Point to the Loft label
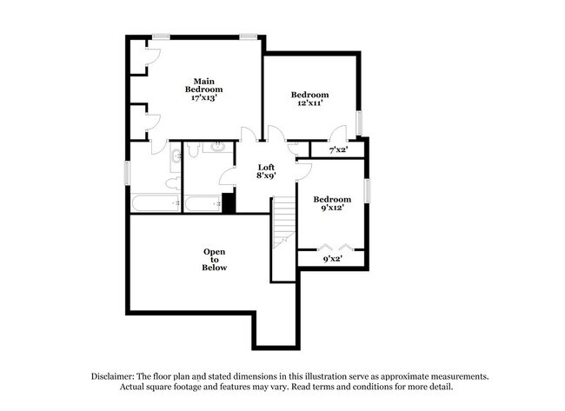click(267, 167)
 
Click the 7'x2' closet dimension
click(337, 150)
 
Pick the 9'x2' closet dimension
click(332, 258)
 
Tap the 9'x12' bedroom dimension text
click(332, 209)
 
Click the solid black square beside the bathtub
click(229, 202)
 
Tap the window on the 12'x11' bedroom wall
click(357, 123)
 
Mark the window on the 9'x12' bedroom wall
click(367, 189)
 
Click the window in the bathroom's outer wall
click(128, 172)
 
